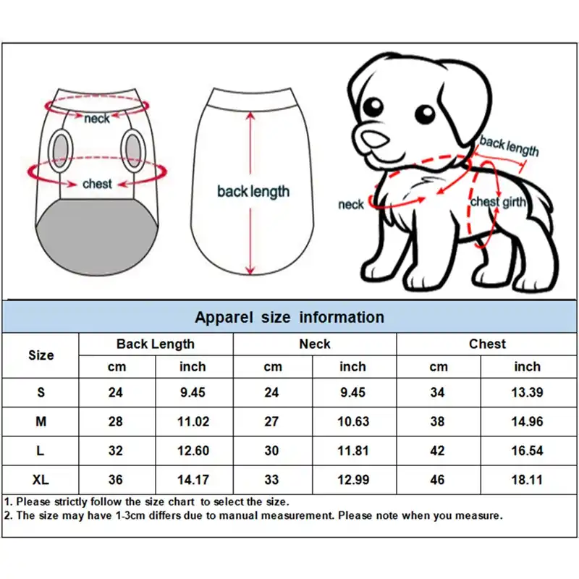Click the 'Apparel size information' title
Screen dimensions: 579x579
coord(289,317)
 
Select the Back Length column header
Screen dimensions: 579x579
coord(156,344)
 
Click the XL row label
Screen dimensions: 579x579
coord(41,479)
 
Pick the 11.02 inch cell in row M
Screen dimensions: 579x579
coord(193,421)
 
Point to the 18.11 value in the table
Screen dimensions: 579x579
coord(527,479)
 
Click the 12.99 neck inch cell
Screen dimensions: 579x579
coord(353,479)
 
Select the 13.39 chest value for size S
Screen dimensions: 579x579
coord(527,392)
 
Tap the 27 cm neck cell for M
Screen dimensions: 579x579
coord(272,421)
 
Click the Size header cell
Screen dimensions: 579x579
coord(41,355)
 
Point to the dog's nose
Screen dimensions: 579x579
coord(373,138)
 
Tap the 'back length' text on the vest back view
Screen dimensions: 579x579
coord(253,192)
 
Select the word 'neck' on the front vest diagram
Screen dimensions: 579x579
coord(97,117)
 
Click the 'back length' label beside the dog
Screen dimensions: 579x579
coord(509,146)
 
